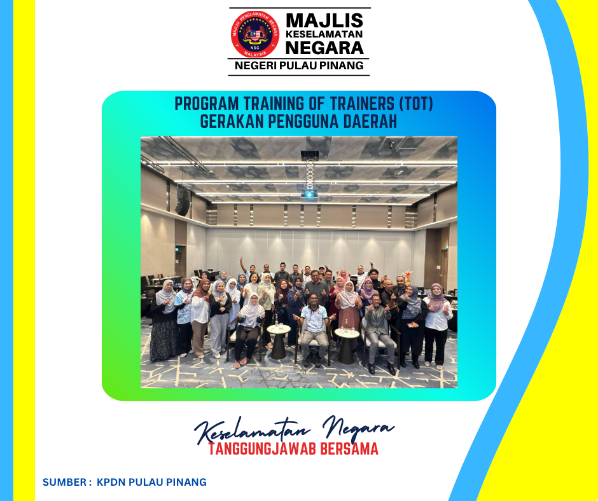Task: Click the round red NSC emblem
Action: pos(254,34)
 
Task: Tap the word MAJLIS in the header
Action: pos(324,20)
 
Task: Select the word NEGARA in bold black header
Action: pos(324,48)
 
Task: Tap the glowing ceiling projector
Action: pos(309,194)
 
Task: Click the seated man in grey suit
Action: pos(379,334)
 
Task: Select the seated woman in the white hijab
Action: pos(249,329)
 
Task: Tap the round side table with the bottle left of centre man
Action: pos(279,341)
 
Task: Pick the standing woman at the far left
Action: pos(163,321)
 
